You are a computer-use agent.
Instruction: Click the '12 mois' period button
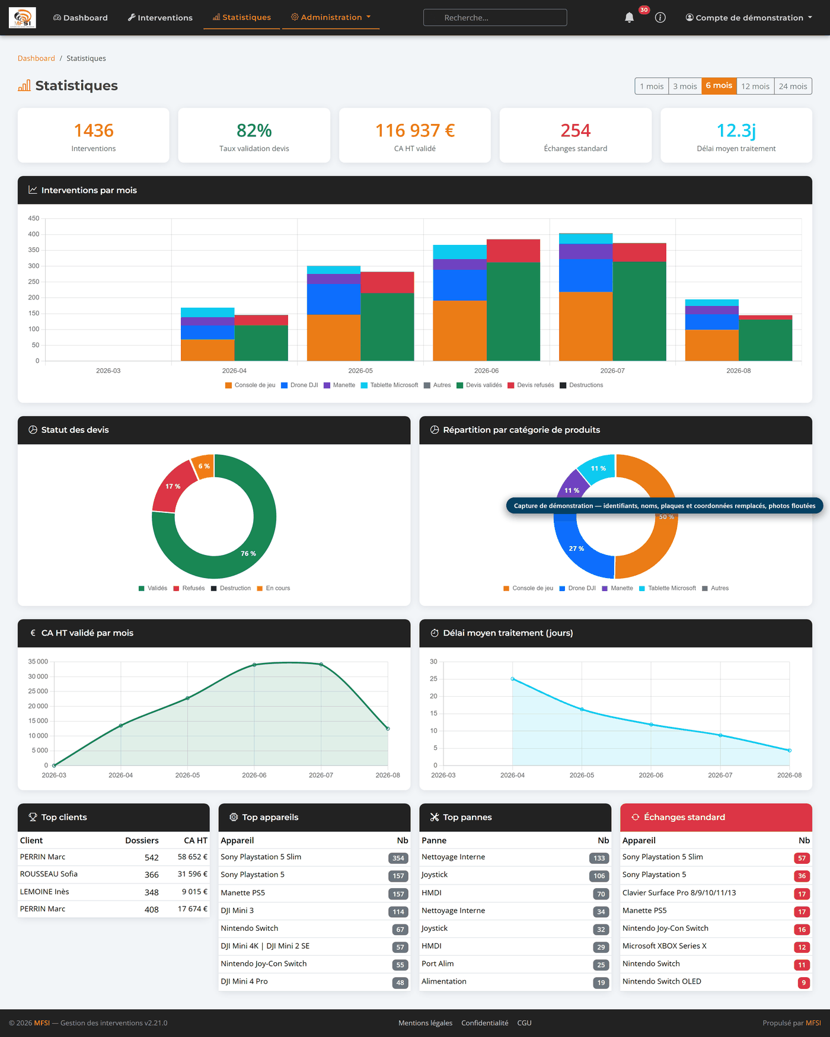[755, 86]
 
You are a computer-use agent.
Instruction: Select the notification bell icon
[629, 18]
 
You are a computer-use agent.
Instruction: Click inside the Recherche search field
[495, 18]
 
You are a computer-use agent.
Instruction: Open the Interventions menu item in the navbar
[160, 18]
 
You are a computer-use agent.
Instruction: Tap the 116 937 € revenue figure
[415, 130]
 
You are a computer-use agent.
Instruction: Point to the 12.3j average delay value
[736, 130]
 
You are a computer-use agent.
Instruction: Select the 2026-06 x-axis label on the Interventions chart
[486, 371]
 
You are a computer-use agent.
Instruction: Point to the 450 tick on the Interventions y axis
[34, 218]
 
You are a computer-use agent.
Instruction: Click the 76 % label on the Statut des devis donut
[248, 554]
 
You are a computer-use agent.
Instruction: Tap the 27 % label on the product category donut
[576, 549]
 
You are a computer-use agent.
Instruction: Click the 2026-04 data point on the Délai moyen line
[513, 679]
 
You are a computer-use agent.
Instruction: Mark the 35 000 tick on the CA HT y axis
[38, 662]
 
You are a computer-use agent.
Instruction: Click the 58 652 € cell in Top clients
[193, 857]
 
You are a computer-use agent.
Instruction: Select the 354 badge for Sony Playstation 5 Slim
[398, 858]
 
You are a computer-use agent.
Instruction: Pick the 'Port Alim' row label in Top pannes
[438, 963]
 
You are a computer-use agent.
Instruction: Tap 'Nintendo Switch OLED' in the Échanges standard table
[662, 981]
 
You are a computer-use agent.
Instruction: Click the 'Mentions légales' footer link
[425, 1023]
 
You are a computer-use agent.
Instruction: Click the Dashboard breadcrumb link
[36, 58]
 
